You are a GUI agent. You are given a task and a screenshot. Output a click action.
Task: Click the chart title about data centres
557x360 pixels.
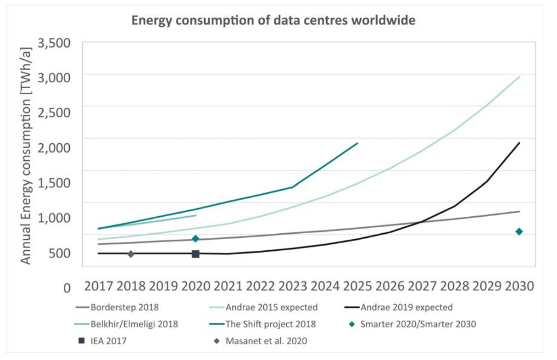[x=273, y=21]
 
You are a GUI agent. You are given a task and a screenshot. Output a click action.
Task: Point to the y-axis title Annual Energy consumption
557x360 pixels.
[x=27, y=154]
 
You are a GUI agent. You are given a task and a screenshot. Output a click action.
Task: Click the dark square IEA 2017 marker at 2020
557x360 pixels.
[x=195, y=254]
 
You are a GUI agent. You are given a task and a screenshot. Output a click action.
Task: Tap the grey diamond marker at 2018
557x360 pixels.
[x=131, y=253]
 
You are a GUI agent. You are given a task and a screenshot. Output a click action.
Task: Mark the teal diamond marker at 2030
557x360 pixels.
[x=519, y=231]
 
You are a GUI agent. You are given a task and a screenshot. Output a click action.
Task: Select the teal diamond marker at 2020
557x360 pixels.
[x=195, y=238]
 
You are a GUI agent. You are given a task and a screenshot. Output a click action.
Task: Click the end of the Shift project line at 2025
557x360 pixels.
[x=357, y=143]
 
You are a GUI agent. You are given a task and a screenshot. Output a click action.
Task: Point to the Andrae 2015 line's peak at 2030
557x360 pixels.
[x=519, y=77]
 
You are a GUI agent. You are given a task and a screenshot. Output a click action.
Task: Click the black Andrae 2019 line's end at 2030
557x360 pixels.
[x=519, y=143]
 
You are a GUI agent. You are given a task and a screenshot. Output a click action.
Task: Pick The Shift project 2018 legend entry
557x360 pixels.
[x=271, y=324]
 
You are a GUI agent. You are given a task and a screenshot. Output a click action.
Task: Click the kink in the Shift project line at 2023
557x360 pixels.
[x=293, y=187]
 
